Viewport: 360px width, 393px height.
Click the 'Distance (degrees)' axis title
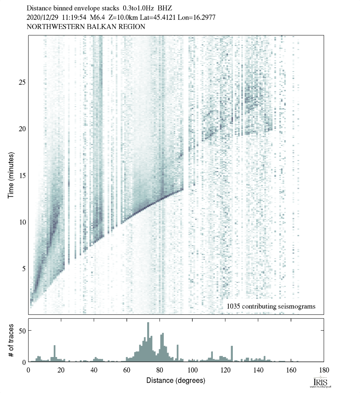[176, 380]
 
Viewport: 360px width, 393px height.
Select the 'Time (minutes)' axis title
[11, 174]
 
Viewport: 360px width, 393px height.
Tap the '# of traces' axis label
[11, 340]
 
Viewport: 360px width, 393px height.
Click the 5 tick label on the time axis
[22, 269]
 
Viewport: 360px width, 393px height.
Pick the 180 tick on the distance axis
[324, 370]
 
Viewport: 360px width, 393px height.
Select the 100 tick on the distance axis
[192, 370]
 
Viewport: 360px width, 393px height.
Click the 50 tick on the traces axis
[22, 330]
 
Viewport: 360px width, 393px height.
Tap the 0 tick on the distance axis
[29, 370]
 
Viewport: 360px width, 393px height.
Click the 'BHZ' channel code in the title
[166, 8]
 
